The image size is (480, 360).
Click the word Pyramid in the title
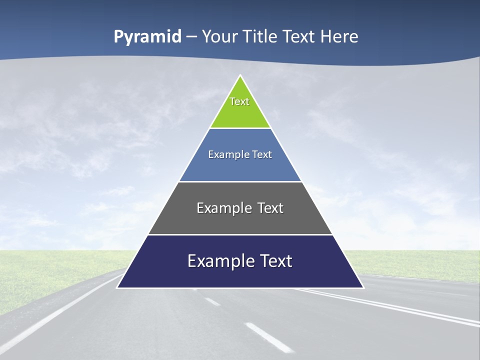click(147, 37)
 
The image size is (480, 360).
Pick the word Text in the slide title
click(299, 37)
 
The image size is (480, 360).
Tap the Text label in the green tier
click(239, 101)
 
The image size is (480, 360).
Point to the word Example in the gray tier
click(222, 208)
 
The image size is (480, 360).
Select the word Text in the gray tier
click(270, 208)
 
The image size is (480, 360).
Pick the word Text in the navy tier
click(276, 261)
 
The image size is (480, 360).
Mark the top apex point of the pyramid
click(240, 75)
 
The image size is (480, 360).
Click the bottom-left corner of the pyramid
click(117, 287)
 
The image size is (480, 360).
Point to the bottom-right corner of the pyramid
click(363, 287)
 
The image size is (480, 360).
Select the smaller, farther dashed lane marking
click(212, 301)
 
